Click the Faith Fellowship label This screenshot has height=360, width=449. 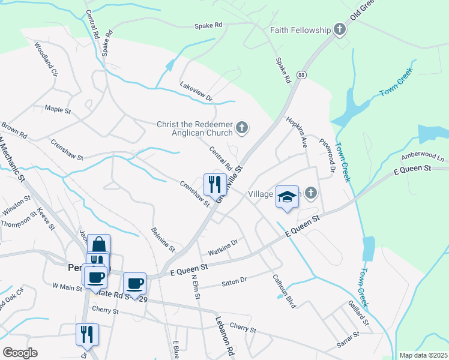click(x=300, y=30)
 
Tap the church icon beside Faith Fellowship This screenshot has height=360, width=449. click(x=340, y=29)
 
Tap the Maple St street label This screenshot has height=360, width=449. click(x=58, y=110)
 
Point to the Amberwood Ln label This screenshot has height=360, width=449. click(x=423, y=156)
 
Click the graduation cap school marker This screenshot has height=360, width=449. click(x=287, y=196)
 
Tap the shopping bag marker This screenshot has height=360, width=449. click(x=99, y=245)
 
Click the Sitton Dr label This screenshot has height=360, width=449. click(x=235, y=280)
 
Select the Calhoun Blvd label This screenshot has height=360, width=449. click(x=284, y=291)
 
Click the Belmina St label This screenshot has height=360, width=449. click(x=163, y=239)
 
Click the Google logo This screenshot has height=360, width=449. click(x=20, y=353)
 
